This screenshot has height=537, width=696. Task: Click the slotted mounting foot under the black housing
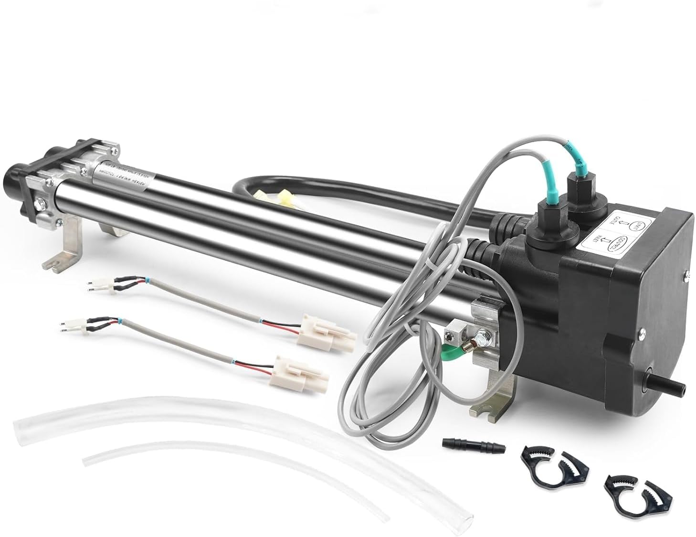[492, 406]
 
